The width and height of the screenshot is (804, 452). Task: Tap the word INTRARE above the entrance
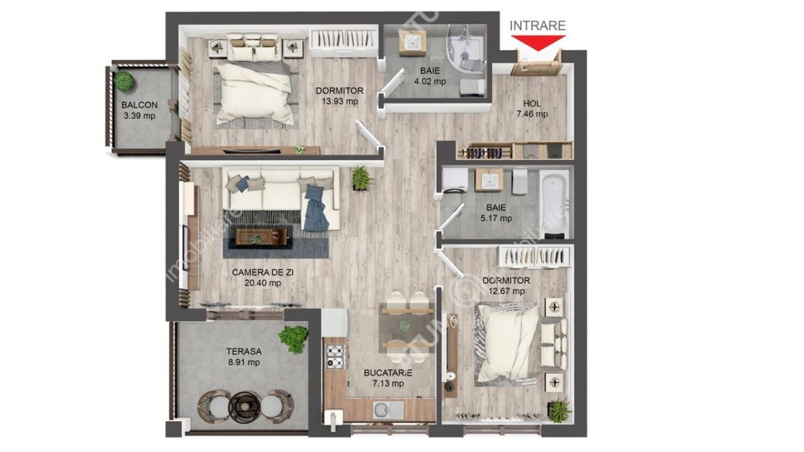538,25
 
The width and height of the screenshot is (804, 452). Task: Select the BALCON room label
139,105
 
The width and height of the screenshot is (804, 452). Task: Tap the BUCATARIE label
388,372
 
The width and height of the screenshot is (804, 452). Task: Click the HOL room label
532,103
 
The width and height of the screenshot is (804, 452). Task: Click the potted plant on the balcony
123,80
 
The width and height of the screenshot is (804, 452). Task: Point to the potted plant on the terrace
293,338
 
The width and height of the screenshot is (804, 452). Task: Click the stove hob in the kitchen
334,355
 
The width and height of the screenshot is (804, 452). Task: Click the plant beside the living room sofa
361,178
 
